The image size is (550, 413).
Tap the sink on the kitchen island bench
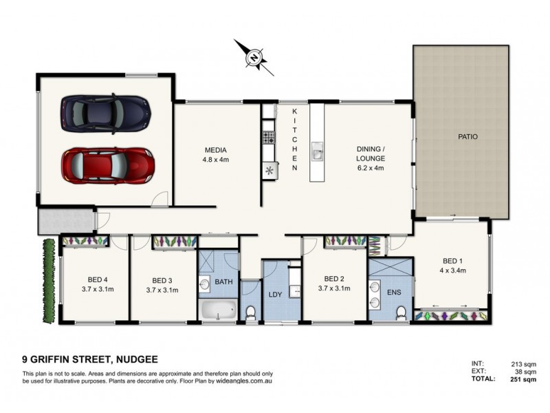318,153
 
